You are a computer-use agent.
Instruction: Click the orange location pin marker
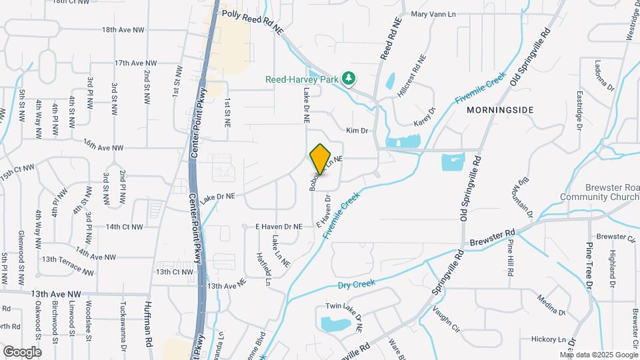321,159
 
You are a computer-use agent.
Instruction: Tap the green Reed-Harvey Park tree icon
348,79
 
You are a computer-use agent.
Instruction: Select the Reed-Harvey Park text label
301,79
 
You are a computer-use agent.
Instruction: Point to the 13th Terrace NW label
67,265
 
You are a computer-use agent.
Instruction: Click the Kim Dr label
357,131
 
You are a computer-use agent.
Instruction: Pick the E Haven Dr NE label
279,227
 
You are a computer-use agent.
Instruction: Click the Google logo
22,351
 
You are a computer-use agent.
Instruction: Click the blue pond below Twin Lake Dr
336,325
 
